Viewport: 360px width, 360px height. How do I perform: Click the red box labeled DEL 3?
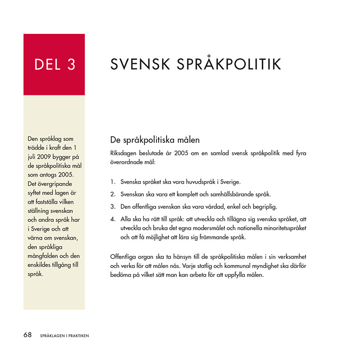(x=54, y=64)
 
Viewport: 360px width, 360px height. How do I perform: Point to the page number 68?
(x=28, y=335)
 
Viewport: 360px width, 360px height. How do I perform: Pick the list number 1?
(x=113, y=182)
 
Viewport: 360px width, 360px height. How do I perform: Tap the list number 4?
(x=113, y=219)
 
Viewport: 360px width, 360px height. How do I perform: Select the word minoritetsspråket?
(x=279, y=228)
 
